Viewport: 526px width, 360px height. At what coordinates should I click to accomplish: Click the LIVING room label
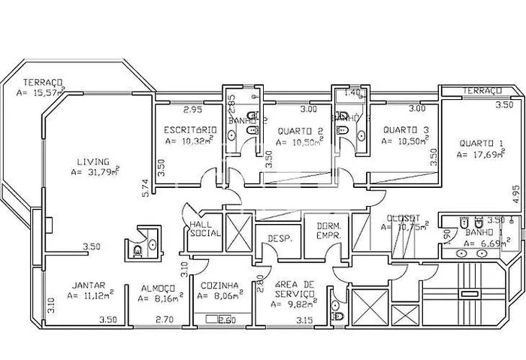[x=93, y=162]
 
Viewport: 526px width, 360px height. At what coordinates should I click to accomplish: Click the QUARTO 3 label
[x=406, y=130]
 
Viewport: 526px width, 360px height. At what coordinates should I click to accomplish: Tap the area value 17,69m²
[x=482, y=155]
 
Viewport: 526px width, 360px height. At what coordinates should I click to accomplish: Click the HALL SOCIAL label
[x=204, y=228]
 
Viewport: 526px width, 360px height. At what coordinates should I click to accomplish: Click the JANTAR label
[x=88, y=286]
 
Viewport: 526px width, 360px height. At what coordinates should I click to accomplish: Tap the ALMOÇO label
[x=158, y=287]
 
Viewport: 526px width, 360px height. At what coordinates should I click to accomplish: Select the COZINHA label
[x=219, y=286]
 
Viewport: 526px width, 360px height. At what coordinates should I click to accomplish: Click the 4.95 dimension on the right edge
[x=515, y=192]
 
